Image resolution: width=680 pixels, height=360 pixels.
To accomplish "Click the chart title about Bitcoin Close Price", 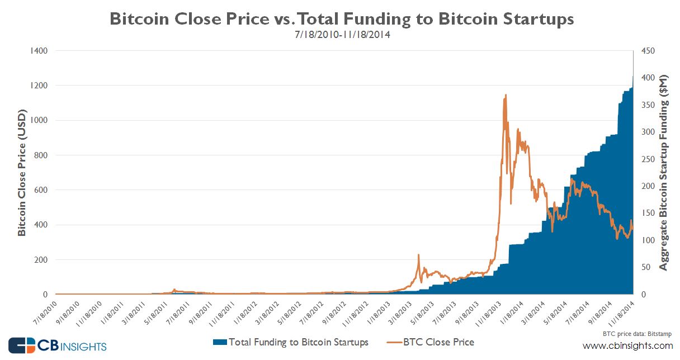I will pos(341,18).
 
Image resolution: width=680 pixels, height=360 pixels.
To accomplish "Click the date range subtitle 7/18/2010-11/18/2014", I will pos(341,35).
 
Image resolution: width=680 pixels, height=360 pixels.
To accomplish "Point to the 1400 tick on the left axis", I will pos(39,51).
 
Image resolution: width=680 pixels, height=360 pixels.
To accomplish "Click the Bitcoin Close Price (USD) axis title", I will pos(22,172).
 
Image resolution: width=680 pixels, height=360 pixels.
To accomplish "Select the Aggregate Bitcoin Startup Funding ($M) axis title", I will pos(664,172).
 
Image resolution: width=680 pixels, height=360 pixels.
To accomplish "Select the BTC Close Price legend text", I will pos(438,342).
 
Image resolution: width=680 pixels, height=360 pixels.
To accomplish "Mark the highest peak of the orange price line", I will pos(506,95).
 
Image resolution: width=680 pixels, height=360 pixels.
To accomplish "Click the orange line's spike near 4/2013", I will pos(418,255).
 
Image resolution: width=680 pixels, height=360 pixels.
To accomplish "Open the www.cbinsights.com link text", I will pos(628,345).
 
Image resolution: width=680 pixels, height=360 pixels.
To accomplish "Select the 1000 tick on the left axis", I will pos(39,120).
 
